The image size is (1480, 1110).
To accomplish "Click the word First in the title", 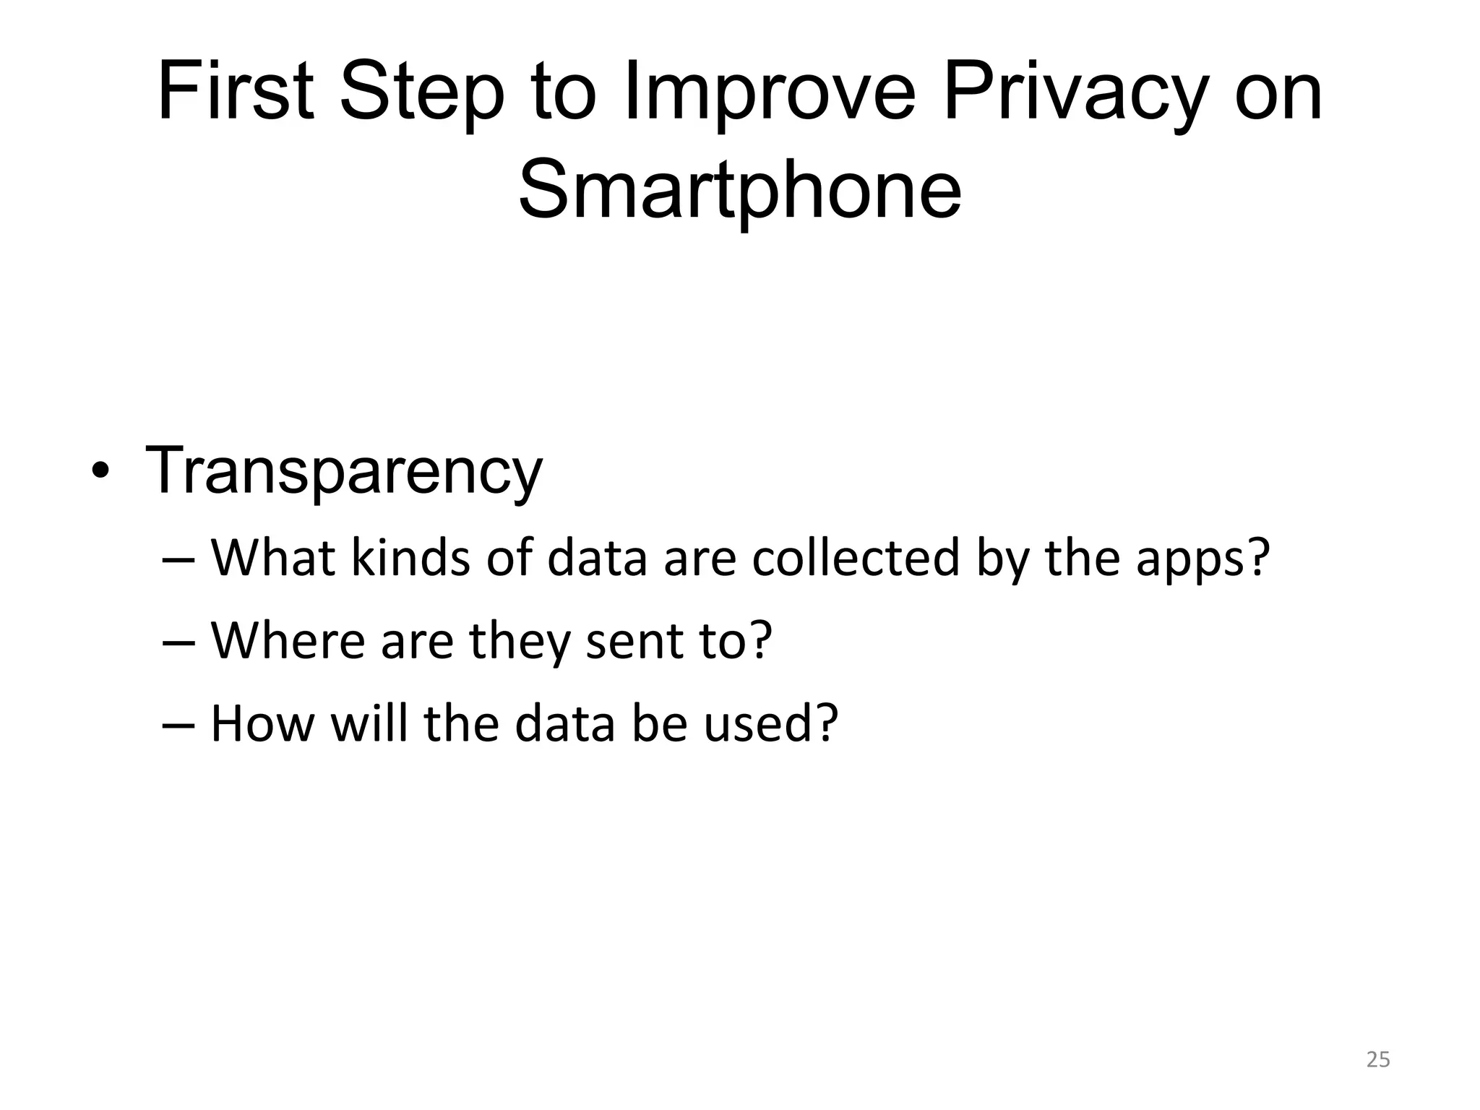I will [236, 94].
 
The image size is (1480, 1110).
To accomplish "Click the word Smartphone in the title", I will [740, 192].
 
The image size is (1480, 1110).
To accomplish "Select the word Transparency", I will [344, 471].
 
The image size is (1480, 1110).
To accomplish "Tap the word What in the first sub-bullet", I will [272, 558].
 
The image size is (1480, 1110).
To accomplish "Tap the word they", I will [520, 642].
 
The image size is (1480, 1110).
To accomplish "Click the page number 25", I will [1378, 1059].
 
